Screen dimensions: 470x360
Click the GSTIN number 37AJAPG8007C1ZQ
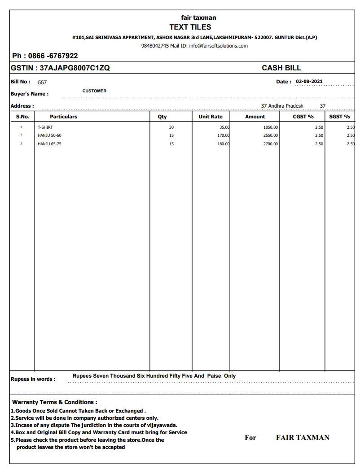[75, 68]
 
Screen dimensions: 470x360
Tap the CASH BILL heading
[281, 68]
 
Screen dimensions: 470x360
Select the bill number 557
[42, 83]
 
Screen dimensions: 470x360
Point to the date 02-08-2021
[309, 82]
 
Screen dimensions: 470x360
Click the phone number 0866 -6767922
[53, 56]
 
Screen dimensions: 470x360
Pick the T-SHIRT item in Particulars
[45, 127]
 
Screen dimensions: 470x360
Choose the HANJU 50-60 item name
[50, 135]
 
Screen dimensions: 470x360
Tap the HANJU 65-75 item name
[50, 144]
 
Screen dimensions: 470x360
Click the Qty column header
[162, 117]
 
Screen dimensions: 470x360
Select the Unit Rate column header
[211, 117]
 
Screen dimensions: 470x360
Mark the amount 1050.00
[271, 127]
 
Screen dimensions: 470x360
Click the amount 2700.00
[271, 144]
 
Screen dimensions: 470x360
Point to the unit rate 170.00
[224, 135]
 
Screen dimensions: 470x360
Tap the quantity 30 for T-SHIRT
[171, 127]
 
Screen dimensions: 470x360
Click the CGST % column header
[303, 117]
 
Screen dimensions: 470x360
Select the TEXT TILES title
[190, 27]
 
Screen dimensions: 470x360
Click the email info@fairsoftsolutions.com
[219, 46]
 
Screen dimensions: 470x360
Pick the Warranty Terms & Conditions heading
[55, 402]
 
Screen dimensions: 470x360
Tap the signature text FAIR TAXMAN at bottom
[303, 438]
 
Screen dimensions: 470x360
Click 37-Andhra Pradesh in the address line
[282, 106]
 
